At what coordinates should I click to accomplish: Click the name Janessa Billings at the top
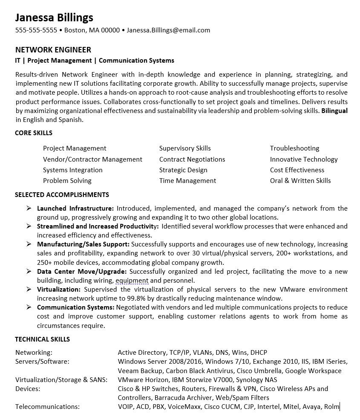54,17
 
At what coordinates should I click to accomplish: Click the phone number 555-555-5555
36,30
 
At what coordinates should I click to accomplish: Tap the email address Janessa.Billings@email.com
168,30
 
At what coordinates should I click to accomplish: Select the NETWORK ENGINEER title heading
53,50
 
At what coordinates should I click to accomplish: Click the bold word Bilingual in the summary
334,111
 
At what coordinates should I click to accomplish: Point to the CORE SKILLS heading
34,133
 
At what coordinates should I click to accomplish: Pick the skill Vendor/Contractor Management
92,159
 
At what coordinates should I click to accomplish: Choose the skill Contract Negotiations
192,159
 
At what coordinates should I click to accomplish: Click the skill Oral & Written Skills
300,181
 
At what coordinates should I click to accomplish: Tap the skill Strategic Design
183,170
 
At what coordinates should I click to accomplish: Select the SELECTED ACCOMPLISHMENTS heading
62,195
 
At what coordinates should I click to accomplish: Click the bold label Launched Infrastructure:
75,209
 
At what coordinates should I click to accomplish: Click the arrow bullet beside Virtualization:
29,289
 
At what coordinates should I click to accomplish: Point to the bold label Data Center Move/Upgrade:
82,272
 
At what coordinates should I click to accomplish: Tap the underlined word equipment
132,281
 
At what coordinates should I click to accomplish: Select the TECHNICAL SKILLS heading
42,339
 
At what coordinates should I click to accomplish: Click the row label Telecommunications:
47,407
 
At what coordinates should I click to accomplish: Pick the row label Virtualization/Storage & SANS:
61,380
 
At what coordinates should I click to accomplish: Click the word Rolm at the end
331,407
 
